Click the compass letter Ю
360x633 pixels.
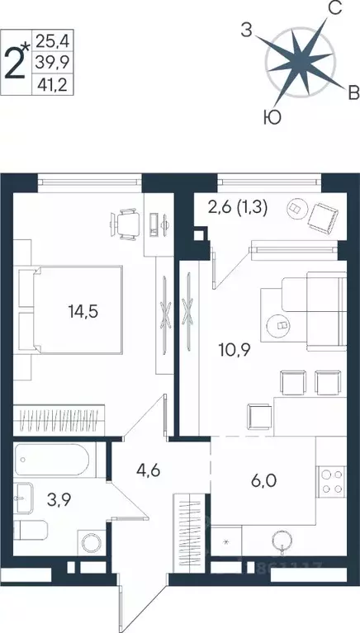click(271, 118)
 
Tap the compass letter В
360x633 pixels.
click(352, 90)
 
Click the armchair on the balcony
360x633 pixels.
click(323, 216)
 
